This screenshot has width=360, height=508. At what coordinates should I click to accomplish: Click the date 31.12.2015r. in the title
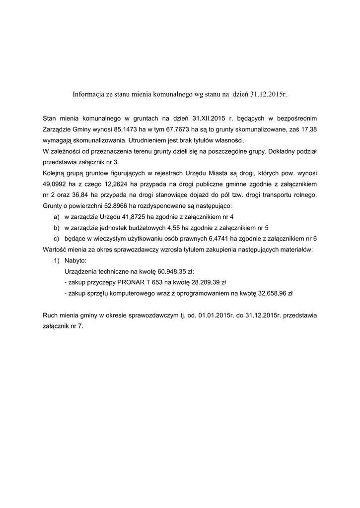(x=269, y=93)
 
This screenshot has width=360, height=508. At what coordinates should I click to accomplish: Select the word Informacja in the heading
(x=88, y=93)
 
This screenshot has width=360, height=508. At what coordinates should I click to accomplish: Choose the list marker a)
(x=56, y=217)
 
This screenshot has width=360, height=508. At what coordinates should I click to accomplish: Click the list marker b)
(x=56, y=228)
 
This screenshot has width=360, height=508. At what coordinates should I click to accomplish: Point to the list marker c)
(x=56, y=239)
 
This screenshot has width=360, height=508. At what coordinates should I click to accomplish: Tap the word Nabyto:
(x=75, y=260)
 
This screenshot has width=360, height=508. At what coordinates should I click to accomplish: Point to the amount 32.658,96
(x=275, y=293)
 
